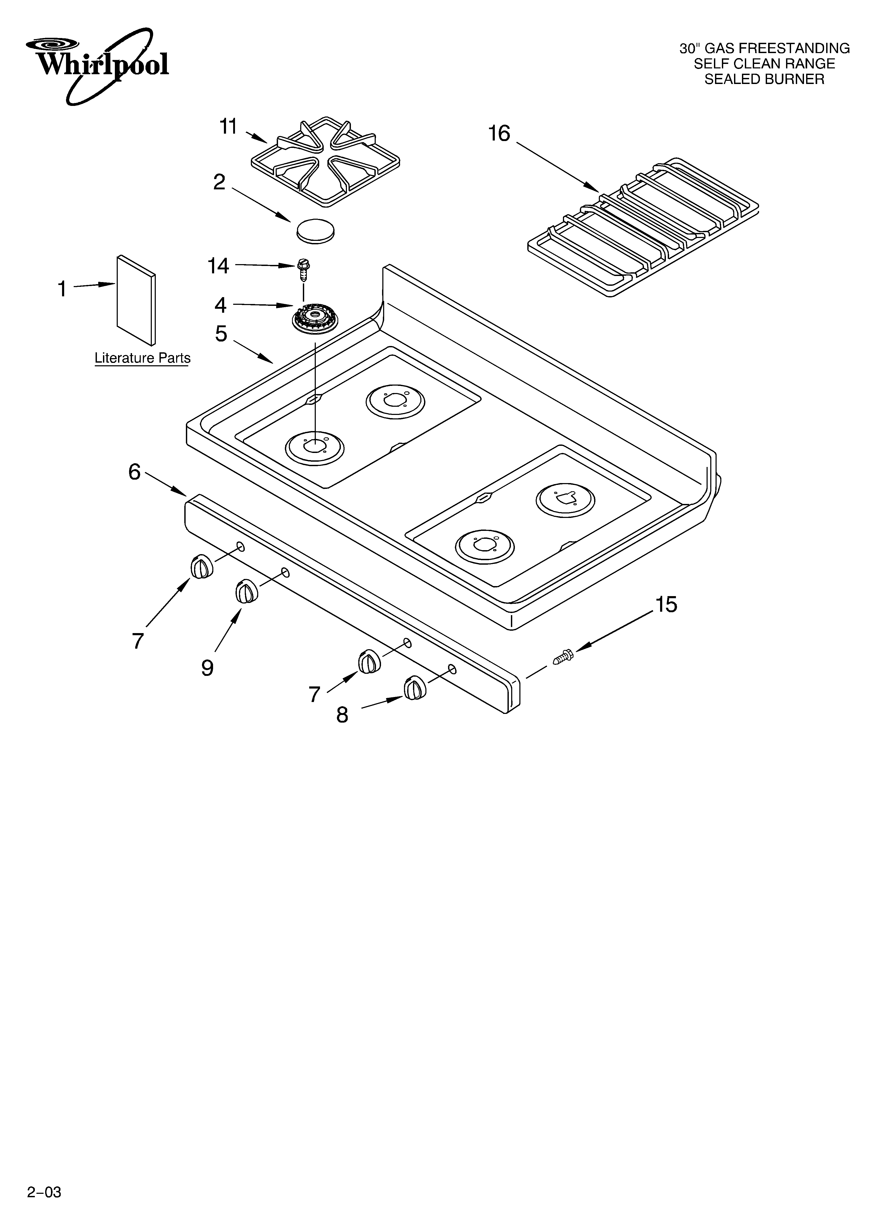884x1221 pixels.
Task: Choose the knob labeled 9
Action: point(246,592)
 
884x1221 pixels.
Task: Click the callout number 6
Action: point(134,472)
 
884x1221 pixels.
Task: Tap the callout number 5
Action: point(221,334)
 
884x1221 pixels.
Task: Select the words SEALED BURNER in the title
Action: point(764,79)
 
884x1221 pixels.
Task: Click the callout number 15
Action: point(666,605)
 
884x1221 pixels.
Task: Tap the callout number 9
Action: point(207,668)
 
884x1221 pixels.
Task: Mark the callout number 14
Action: point(218,266)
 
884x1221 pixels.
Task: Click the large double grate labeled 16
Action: point(643,228)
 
